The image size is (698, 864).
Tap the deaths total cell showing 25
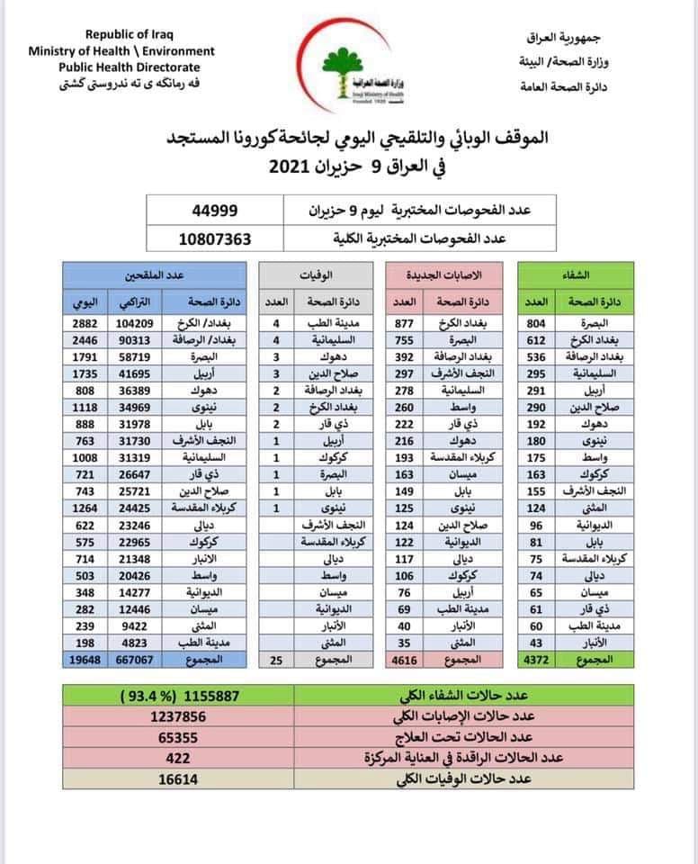point(277,660)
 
